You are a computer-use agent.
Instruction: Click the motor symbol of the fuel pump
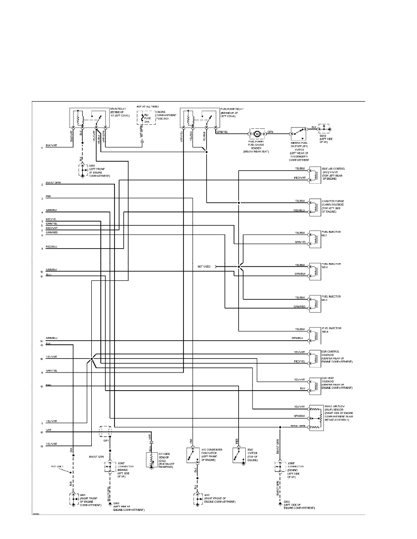click(257, 134)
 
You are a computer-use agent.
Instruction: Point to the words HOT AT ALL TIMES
click(148, 106)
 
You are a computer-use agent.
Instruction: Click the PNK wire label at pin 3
click(49, 196)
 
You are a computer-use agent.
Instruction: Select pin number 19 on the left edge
click(42, 447)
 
